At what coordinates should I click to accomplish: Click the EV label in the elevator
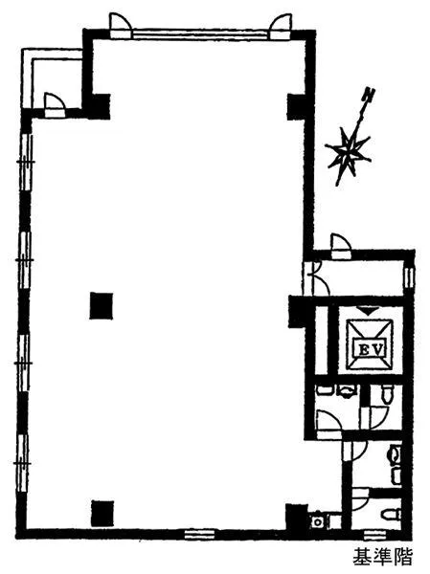coord(371,349)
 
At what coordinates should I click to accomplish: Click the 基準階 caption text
coord(382,557)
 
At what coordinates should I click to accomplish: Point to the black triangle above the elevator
coord(369,311)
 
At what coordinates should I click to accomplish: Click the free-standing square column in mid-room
coord(102,306)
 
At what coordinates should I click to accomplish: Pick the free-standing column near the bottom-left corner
coord(102,513)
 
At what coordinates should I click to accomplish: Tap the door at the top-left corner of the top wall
coord(121,26)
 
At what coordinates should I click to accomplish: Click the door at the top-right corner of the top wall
coord(281,27)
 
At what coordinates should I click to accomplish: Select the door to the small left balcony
coord(55,105)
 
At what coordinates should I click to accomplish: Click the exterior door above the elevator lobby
coord(341,247)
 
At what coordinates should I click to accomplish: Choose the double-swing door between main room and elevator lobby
coord(316,277)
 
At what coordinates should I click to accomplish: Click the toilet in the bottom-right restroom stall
coord(391,515)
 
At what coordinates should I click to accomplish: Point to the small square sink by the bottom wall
coord(317,521)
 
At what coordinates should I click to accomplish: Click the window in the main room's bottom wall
coord(199,534)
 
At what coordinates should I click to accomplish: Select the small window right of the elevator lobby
coord(409,278)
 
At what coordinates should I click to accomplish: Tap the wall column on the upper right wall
coord(296,106)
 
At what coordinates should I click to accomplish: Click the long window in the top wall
coord(200,34)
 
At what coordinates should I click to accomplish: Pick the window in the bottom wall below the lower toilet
coord(374,535)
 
